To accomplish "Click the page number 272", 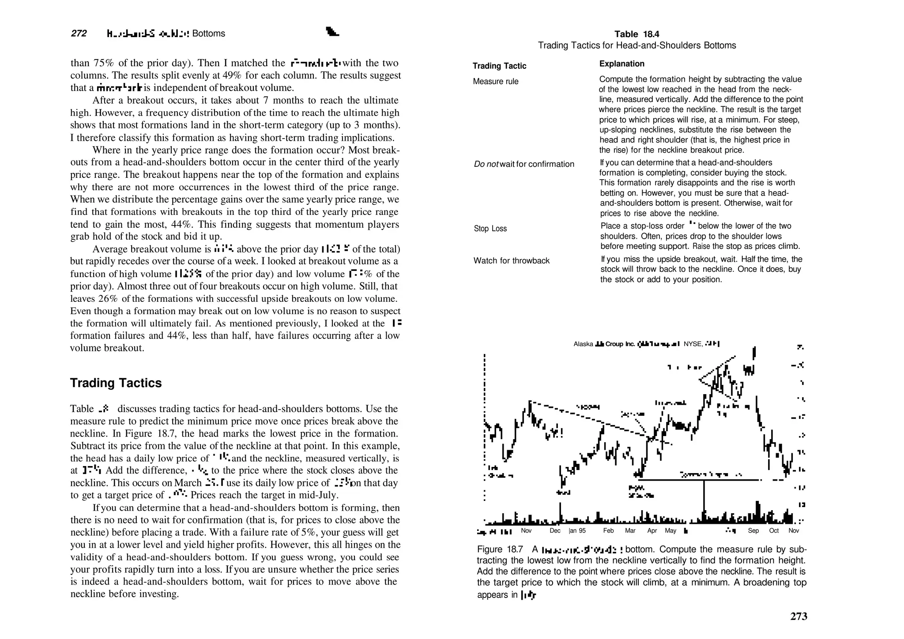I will click(79, 34).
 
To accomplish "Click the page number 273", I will click(798, 616).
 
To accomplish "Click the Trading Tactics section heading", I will click(116, 383).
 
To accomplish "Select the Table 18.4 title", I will click(637, 34).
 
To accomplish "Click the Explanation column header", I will click(621, 64).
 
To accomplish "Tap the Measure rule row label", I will click(495, 82).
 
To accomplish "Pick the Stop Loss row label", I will click(490, 229).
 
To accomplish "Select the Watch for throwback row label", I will click(511, 261).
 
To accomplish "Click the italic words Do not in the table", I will click(486, 164).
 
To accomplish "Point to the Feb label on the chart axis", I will click(608, 531).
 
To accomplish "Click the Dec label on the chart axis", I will click(555, 531).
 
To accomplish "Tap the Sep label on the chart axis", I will click(753, 531).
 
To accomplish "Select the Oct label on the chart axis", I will click(774, 531).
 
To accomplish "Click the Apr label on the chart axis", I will click(652, 531).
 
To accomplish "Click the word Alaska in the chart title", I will click(583, 344).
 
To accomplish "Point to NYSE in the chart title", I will click(692, 344).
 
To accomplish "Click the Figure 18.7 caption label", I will click(500, 549).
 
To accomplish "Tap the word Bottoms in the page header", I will click(209, 34).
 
